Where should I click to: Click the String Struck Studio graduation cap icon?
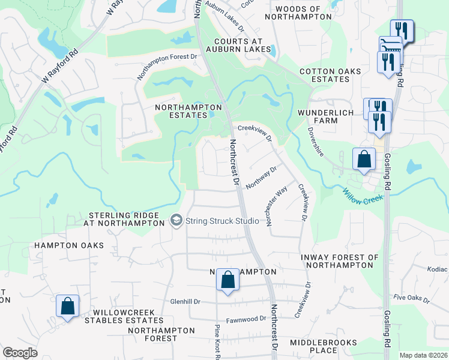pyautogui.click(x=176, y=221)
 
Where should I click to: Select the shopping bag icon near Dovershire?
pyautogui.click(x=364, y=160)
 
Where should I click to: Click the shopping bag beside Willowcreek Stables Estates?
pyautogui.click(x=68, y=306)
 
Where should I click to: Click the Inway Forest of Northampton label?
pyautogui.click(x=340, y=261)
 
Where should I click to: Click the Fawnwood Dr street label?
pyautogui.click(x=246, y=320)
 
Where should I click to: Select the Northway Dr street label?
pyautogui.click(x=261, y=178)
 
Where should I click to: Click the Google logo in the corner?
pyautogui.click(x=20, y=353)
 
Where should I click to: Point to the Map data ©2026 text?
pyautogui.click(x=423, y=355)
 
